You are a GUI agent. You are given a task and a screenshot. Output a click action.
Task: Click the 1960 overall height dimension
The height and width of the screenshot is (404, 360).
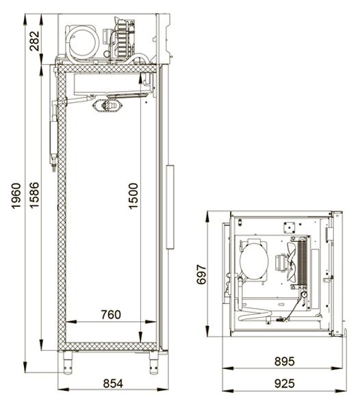pos(16,196)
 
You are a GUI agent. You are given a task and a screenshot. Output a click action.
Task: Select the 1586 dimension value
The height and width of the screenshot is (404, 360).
pos(34,195)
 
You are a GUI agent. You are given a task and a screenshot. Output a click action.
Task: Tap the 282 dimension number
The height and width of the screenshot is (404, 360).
pos(34,41)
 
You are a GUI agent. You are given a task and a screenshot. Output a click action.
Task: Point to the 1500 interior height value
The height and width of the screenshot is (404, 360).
pos(133,196)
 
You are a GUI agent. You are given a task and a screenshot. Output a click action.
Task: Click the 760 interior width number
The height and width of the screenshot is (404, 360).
pos(111,314)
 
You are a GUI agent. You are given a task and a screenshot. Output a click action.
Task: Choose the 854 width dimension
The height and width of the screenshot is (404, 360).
pos(113,383)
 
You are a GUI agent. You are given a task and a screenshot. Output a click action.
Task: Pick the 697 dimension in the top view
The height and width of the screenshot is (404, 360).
pos(201,274)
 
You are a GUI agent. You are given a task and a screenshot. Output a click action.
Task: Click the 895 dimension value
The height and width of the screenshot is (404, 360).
pos(284,362)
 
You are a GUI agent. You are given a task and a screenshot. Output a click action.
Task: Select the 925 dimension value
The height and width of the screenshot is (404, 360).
pos(284,383)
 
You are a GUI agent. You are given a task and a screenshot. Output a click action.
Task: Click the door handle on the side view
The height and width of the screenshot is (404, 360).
pos(170,207)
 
